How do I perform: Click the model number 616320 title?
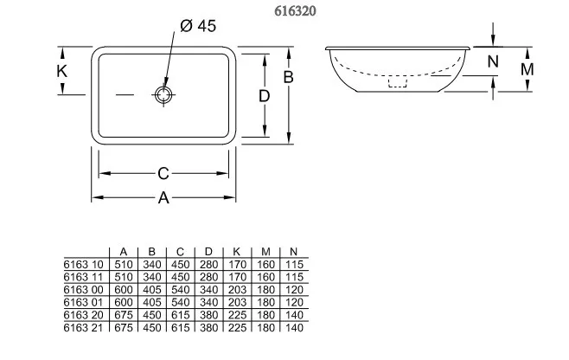point(295,11)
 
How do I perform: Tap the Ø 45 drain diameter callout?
point(198,26)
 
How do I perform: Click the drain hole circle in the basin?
point(163,95)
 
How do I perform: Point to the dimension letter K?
point(61,71)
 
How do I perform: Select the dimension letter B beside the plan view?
point(288,77)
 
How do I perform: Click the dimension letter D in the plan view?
point(265,96)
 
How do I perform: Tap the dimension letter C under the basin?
point(163,174)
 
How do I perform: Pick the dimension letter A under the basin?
point(163,198)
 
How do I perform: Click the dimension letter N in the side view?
point(493,61)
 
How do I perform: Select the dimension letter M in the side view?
point(527,69)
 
